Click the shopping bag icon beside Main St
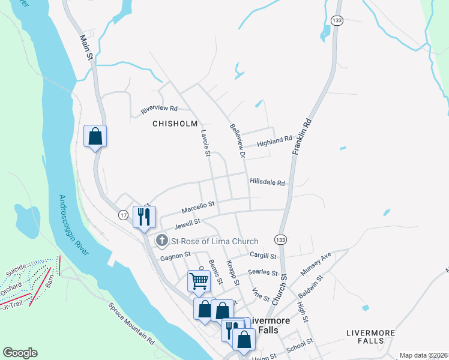[x=95, y=136]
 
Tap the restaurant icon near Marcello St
[x=144, y=217]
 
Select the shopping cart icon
[x=198, y=280]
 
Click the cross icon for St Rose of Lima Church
[x=162, y=241]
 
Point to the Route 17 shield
[x=123, y=215]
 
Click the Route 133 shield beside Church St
[x=280, y=239]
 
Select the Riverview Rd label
[x=159, y=109]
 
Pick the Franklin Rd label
[x=303, y=137]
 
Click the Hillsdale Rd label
[x=267, y=182]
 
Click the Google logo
[x=20, y=353]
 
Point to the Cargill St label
[x=262, y=256]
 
